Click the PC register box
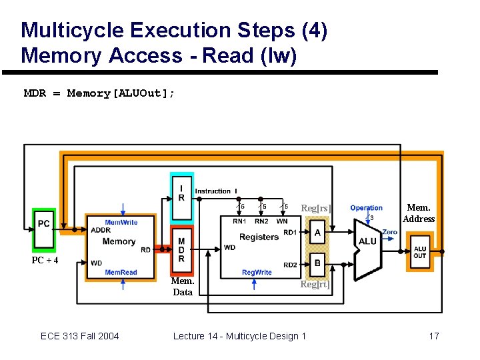pos(44,223)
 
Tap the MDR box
pos(181,249)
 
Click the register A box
pos(317,233)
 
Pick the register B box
pos(317,263)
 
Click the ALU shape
pos(367,241)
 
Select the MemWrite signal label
pos(121,222)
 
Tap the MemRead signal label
pos(121,273)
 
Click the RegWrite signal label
pos(257,273)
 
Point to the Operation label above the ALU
pos(366,208)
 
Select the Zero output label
pos(389,232)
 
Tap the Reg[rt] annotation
pos(315,285)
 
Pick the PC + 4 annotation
pos(45,260)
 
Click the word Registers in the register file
pos(259,237)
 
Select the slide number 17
pos(433,335)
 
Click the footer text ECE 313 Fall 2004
pos(80,335)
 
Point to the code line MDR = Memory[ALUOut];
pos(100,93)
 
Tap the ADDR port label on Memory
pos(101,230)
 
